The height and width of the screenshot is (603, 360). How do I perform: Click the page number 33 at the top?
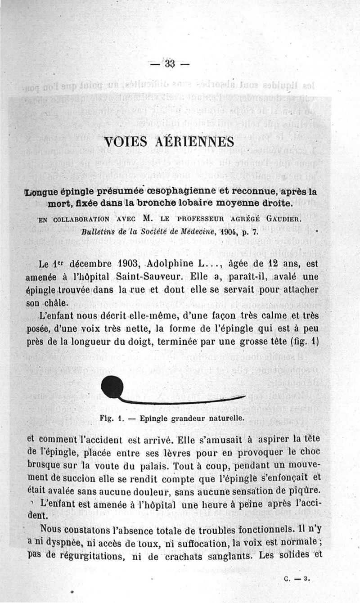pos(169,63)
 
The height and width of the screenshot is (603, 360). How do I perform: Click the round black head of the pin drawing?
pos(112,387)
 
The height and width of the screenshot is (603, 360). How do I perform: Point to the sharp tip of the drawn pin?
pos(244,397)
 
